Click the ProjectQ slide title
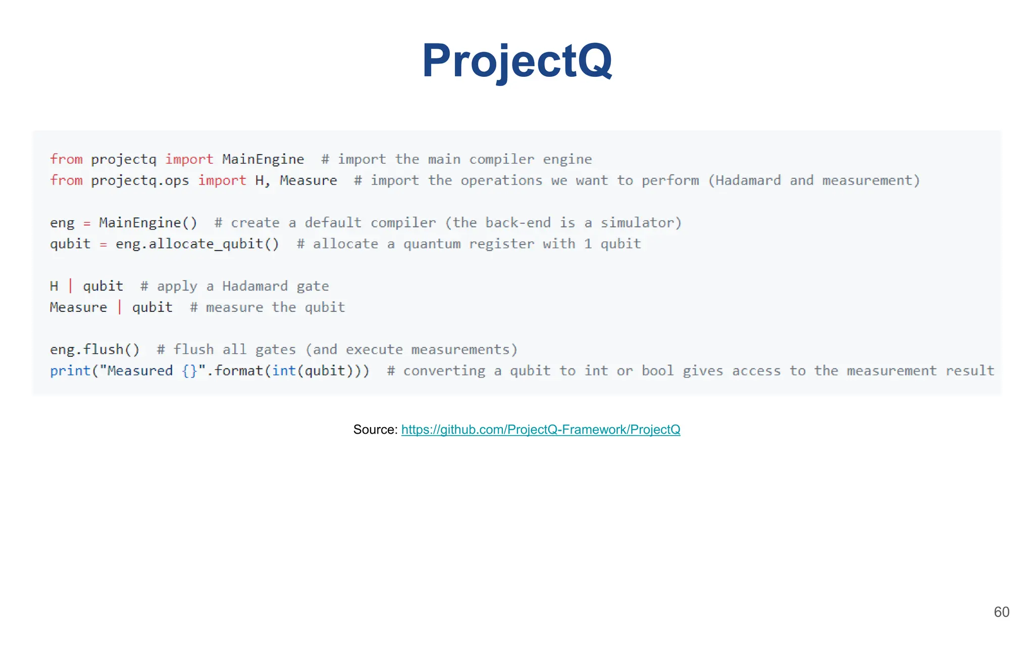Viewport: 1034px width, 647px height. [517, 61]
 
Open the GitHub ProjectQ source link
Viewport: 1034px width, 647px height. [541, 430]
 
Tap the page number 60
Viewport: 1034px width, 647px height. [1001, 612]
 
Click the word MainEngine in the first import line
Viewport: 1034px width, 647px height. [263, 159]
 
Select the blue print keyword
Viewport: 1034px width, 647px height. [70, 371]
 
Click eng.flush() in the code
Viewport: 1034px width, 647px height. [94, 350]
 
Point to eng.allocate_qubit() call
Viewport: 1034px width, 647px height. [197, 244]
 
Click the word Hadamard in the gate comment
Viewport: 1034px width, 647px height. [255, 287]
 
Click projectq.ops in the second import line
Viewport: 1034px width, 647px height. [140, 180]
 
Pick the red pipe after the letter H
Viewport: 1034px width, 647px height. [71, 286]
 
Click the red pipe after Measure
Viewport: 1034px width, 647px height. [120, 307]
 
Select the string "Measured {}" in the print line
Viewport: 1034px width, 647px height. [152, 371]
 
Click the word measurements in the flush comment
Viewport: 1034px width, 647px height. [460, 350]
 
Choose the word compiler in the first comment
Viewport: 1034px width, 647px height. [501, 159]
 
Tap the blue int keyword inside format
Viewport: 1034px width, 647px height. [284, 371]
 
